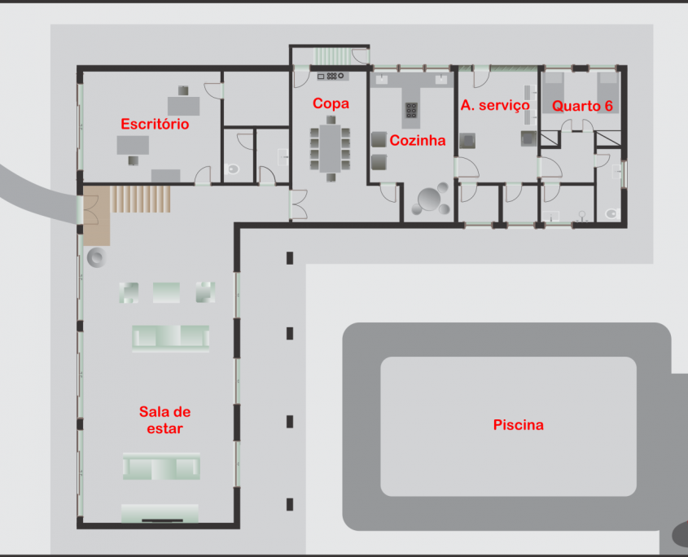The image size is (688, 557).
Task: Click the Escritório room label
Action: click(x=155, y=124)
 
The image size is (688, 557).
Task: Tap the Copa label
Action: click(x=331, y=103)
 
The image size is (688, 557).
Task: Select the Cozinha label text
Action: click(x=417, y=140)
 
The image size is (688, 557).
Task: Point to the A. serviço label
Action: click(x=495, y=106)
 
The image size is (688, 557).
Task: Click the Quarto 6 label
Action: click(x=582, y=106)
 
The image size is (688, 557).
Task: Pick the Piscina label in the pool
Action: click(x=518, y=425)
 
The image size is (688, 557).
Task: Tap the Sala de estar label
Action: click(x=164, y=420)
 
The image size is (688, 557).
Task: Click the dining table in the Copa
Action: click(x=331, y=148)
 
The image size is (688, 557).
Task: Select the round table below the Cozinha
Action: click(x=429, y=199)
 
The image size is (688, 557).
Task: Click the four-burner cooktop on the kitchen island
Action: click(x=411, y=110)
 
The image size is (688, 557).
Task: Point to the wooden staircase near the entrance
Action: click(x=140, y=200)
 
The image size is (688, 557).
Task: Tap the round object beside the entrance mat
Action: click(x=97, y=257)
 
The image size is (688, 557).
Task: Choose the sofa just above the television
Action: click(x=161, y=466)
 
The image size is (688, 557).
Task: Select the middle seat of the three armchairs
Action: click(x=166, y=293)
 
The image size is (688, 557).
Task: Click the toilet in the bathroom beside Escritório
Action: click(x=233, y=169)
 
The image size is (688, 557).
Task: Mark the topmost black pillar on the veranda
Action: click(x=290, y=258)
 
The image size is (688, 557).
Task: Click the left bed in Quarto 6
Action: click(x=554, y=93)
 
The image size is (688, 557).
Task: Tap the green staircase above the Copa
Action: click(x=332, y=57)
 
